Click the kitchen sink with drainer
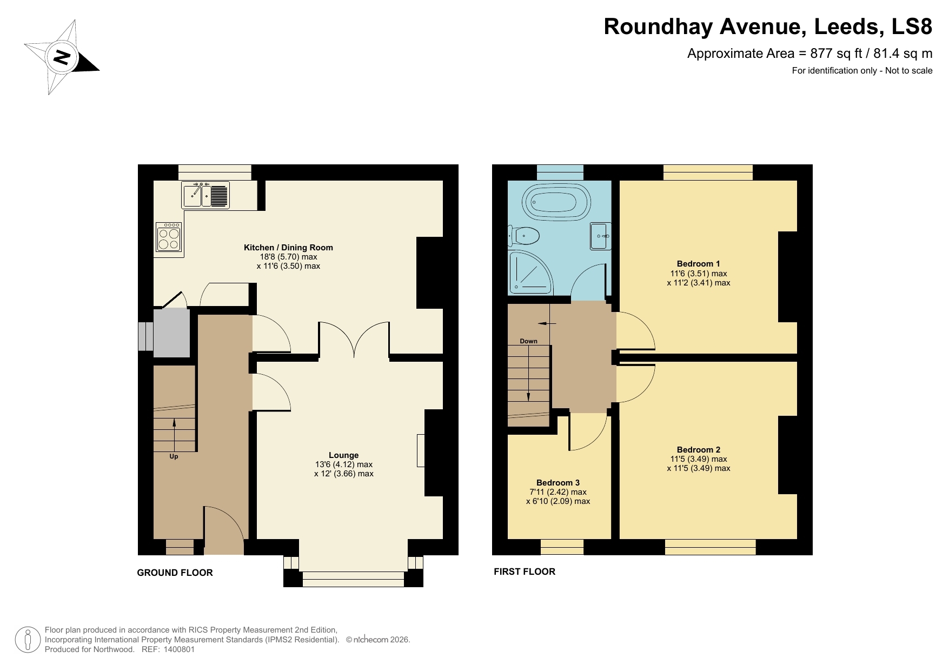tap(205, 196)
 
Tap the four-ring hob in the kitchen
tap(168, 238)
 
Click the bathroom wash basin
tap(600, 236)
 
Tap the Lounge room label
tap(343, 455)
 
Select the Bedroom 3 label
tap(558, 483)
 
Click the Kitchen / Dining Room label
tap(288, 248)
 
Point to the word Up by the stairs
tap(174, 456)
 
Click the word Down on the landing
tap(528, 341)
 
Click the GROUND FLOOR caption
tap(175, 573)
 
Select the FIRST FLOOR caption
tap(524, 572)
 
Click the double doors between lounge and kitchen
tap(354, 340)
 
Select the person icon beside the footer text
tap(28, 640)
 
